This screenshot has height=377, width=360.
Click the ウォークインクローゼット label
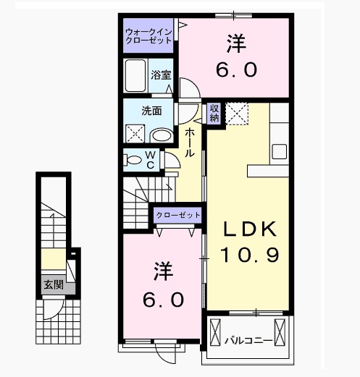point(148,36)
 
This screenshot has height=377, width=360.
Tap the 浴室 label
point(161,74)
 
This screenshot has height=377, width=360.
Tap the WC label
point(150,159)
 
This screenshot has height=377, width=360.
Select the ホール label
point(188,143)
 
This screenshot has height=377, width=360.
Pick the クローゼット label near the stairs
point(177,215)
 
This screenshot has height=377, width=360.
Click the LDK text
point(249,229)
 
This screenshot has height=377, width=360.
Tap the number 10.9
point(249,254)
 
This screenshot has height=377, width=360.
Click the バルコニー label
point(247,339)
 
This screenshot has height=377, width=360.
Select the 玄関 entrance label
point(53,284)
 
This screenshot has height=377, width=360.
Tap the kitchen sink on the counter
point(279,151)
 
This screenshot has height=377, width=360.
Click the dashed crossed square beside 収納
point(236,114)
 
